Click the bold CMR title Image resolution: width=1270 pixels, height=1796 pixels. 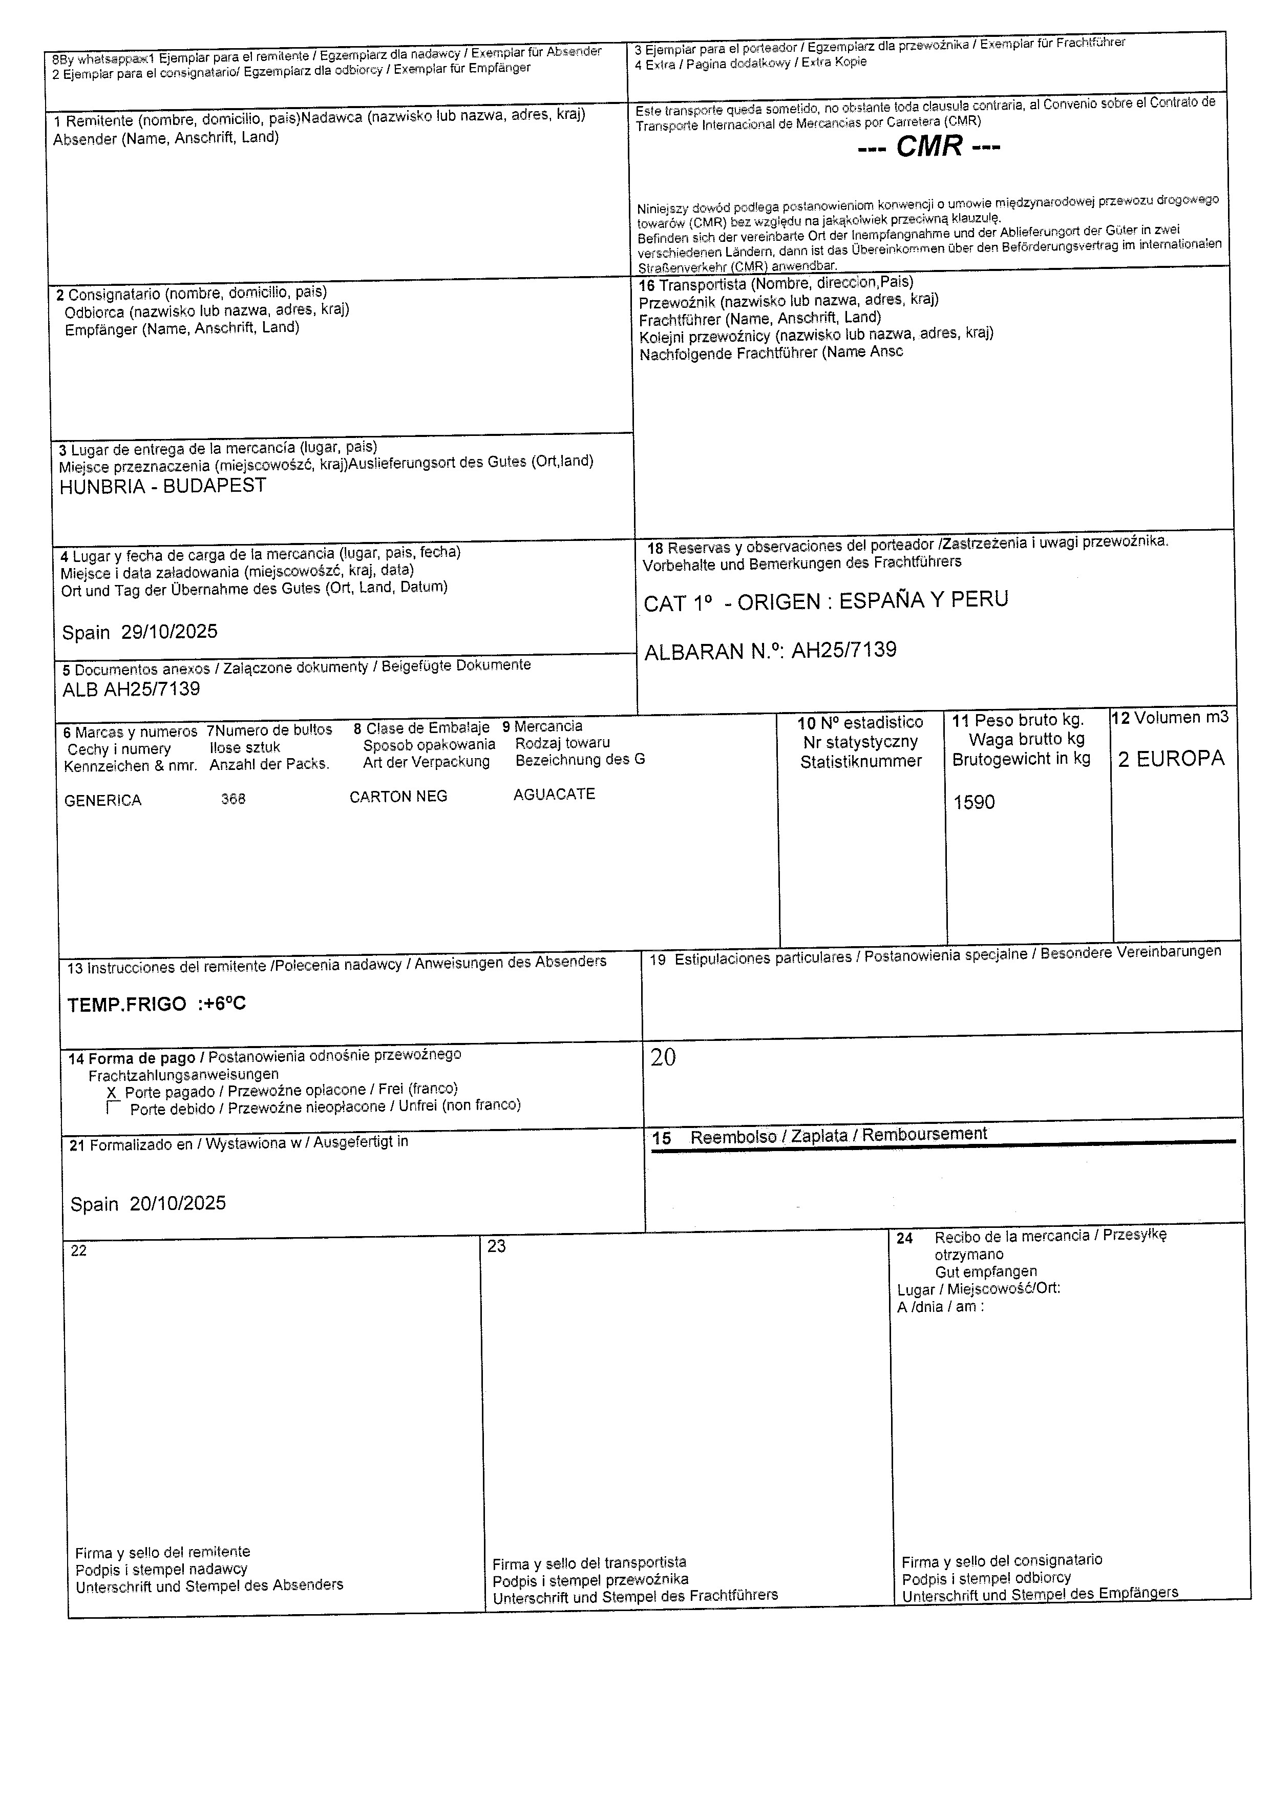[929, 147]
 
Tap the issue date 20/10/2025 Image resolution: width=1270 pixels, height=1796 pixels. [178, 1203]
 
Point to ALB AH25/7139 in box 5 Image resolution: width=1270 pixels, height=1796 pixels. [132, 689]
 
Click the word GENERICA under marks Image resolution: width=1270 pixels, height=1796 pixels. [102, 800]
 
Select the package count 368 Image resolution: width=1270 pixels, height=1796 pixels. [233, 799]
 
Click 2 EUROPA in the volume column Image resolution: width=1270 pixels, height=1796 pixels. [1171, 759]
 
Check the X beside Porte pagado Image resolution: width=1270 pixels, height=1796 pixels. [111, 1092]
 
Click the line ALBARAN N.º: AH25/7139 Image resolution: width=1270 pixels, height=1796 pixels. [770, 651]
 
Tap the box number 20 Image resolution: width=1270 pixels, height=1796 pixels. [663, 1058]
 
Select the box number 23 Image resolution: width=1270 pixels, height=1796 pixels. [497, 1246]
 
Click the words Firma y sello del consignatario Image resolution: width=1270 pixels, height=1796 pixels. [1001, 1560]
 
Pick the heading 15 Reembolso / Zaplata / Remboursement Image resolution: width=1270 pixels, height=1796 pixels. [819, 1136]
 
